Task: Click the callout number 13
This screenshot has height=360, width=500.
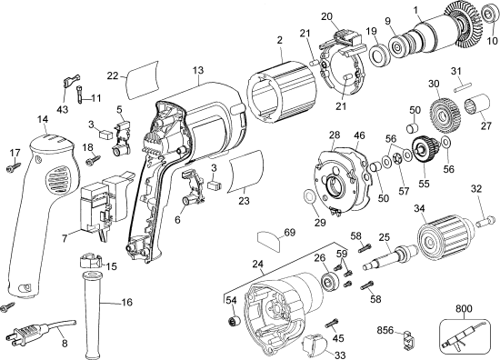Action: (196, 69)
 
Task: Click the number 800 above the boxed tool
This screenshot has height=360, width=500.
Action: (464, 309)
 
